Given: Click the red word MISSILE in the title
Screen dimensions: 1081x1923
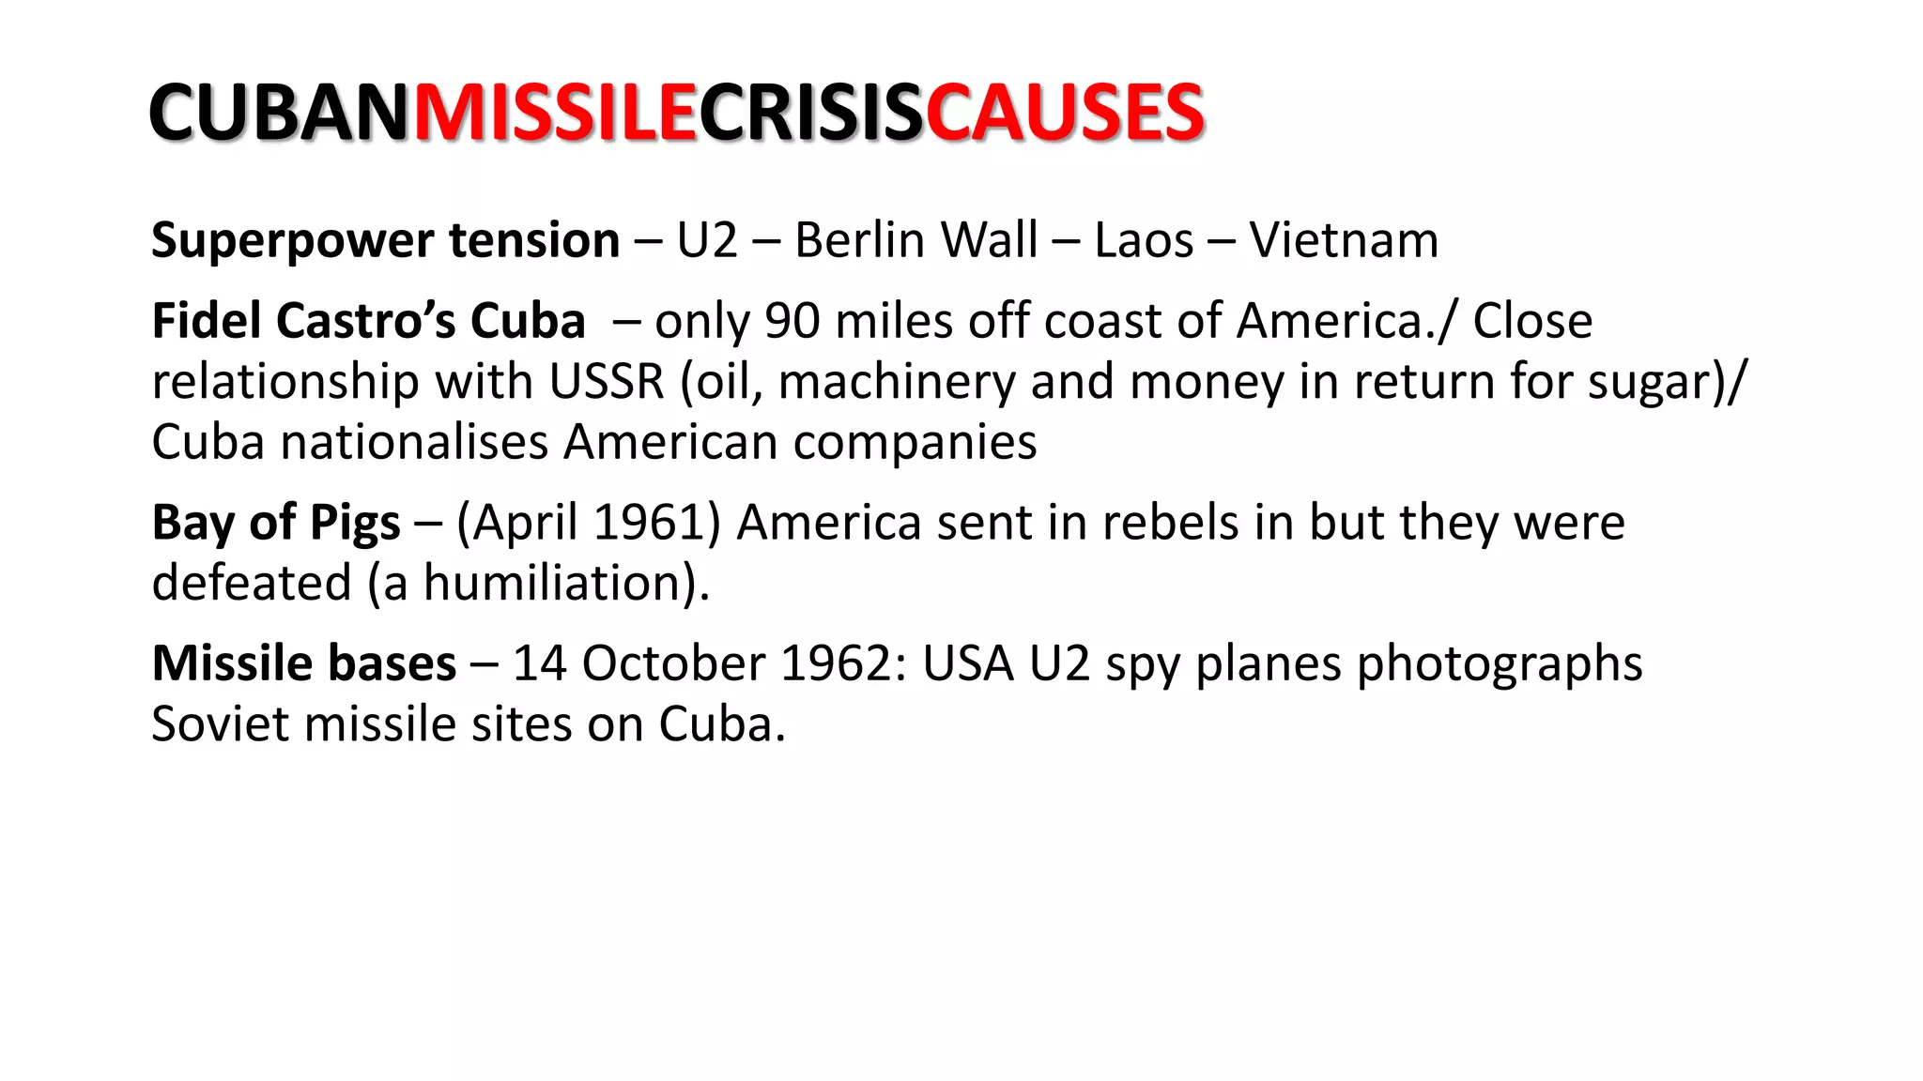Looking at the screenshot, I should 554,113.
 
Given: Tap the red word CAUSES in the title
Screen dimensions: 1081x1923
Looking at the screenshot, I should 1064,113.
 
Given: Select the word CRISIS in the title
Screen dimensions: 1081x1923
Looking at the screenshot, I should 810,113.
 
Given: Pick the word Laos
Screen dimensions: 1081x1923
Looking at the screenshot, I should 1144,240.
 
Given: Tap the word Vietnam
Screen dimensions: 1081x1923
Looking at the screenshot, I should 1344,240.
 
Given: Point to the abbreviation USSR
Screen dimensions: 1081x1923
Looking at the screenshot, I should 607,382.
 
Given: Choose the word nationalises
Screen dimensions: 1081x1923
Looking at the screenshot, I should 415,442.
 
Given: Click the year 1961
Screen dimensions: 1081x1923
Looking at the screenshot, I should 649,523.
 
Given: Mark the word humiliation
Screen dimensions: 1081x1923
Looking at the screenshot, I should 559,583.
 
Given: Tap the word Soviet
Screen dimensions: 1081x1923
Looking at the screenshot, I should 220,724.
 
